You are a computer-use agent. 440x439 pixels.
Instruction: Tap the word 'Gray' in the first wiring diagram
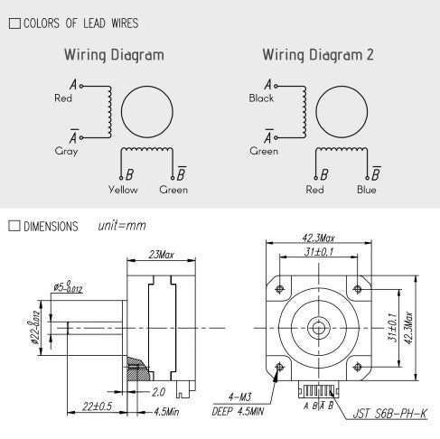point(66,152)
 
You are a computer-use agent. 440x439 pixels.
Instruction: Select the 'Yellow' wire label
point(123,190)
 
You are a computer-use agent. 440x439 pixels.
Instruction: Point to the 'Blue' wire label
point(366,190)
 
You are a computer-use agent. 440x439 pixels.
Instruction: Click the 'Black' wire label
point(261,98)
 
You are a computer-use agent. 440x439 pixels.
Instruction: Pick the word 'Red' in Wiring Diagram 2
point(314,190)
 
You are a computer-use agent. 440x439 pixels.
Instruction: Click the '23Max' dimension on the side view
point(163,256)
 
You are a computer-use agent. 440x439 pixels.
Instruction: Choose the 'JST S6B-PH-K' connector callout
point(391,414)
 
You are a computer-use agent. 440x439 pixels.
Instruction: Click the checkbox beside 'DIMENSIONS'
point(13,225)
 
